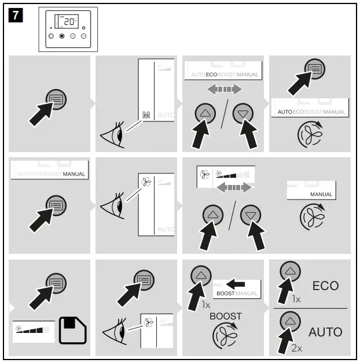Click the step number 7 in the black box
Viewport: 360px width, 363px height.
[x=16, y=16]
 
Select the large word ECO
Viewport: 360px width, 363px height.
[x=325, y=286]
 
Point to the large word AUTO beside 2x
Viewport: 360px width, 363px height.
[x=325, y=332]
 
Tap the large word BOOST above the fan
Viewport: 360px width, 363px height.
[x=226, y=316]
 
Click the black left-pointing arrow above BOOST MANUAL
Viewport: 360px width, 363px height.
[x=236, y=284]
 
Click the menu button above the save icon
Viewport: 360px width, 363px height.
[x=56, y=282]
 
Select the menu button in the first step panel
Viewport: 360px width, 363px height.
[x=56, y=99]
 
